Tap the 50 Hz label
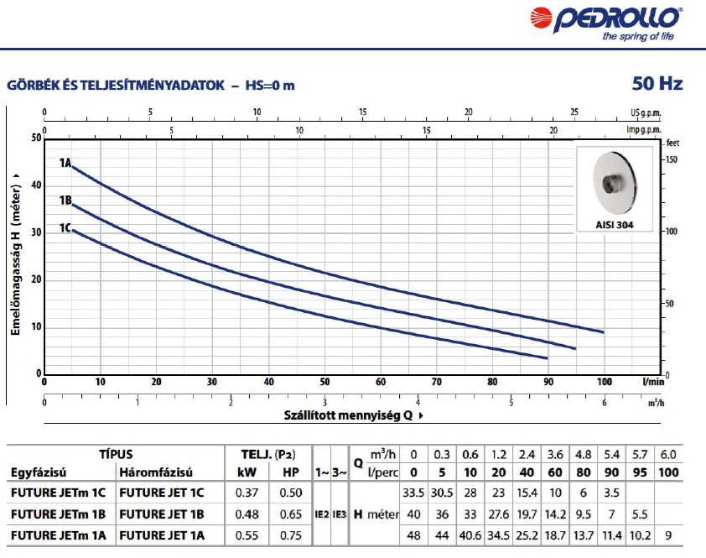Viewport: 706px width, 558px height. coord(657,84)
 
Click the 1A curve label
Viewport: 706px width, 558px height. coord(65,163)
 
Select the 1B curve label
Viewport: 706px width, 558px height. coord(65,201)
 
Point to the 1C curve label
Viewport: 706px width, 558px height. coord(65,228)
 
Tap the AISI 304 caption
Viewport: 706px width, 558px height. coord(616,225)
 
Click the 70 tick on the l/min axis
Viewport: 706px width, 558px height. coord(436,382)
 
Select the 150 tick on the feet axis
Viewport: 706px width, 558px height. coord(671,159)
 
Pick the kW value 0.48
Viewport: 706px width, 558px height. coord(247,514)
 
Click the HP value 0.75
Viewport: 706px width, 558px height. coord(291,535)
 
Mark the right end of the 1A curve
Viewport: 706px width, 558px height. coord(603,332)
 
